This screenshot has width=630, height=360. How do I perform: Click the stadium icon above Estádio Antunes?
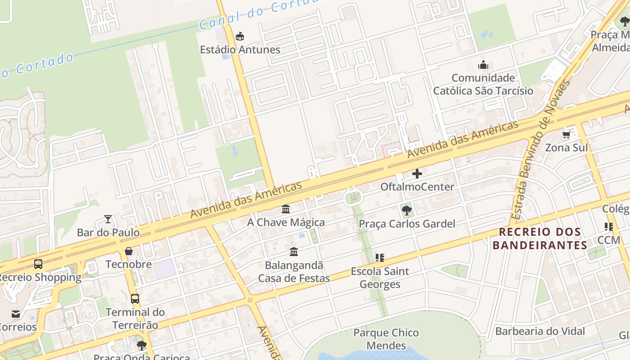pyautogui.click(x=240, y=36)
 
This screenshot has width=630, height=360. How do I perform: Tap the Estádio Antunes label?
pyautogui.click(x=240, y=49)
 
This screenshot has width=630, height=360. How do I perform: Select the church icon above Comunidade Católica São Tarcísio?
pyautogui.click(x=483, y=65)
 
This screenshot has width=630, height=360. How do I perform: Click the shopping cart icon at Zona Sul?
pyautogui.click(x=566, y=135)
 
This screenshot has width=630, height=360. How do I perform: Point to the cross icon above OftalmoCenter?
pyautogui.click(x=417, y=173)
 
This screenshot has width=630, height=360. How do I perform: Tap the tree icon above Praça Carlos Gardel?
pyautogui.click(x=406, y=210)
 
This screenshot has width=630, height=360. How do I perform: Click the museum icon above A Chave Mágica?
pyautogui.click(x=286, y=209)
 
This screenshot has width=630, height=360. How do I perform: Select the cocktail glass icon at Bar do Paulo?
pyautogui.click(x=108, y=219)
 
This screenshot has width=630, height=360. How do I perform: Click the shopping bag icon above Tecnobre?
pyautogui.click(x=129, y=251)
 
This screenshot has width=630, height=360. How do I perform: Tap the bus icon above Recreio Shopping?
pyautogui.click(x=38, y=264)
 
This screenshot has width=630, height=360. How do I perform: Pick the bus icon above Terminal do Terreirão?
pyautogui.click(x=135, y=298)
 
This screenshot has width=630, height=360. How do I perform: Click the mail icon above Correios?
pyautogui.click(x=16, y=314)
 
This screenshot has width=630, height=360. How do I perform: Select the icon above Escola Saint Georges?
pyautogui.click(x=380, y=258)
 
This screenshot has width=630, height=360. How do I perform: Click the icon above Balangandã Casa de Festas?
pyautogui.click(x=294, y=252)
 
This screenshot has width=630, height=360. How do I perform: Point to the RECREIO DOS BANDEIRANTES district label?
pyautogui.click(x=540, y=238)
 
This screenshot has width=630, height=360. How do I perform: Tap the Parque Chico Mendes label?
pyautogui.click(x=386, y=339)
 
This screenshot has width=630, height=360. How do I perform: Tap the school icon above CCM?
pyautogui.click(x=609, y=227)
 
